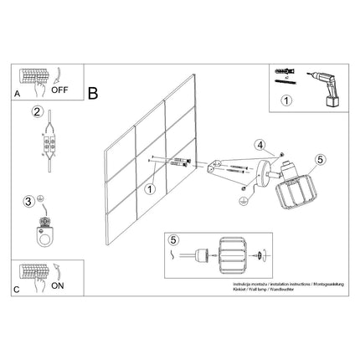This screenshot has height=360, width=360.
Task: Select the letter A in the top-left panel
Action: [18, 95]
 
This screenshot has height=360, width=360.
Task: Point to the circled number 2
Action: [38, 112]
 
